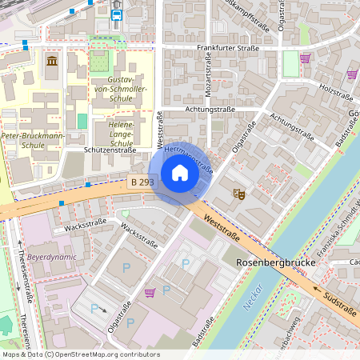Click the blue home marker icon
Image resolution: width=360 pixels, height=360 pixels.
click(180, 173)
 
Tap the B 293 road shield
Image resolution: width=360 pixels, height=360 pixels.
click(141, 183)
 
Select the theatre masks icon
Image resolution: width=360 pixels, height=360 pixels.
click(238, 193)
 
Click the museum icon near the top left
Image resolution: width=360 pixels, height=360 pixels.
click(52, 62)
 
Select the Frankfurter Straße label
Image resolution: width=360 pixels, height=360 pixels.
click(228, 48)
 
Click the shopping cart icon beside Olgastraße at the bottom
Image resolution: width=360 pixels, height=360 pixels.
click(150, 292)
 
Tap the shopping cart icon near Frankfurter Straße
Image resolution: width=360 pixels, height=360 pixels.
click(305, 58)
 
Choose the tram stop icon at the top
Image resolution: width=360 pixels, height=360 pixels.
click(117, 14)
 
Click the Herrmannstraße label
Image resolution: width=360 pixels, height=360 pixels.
click(189, 158)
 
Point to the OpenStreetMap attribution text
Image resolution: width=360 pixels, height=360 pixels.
click(81, 354)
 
